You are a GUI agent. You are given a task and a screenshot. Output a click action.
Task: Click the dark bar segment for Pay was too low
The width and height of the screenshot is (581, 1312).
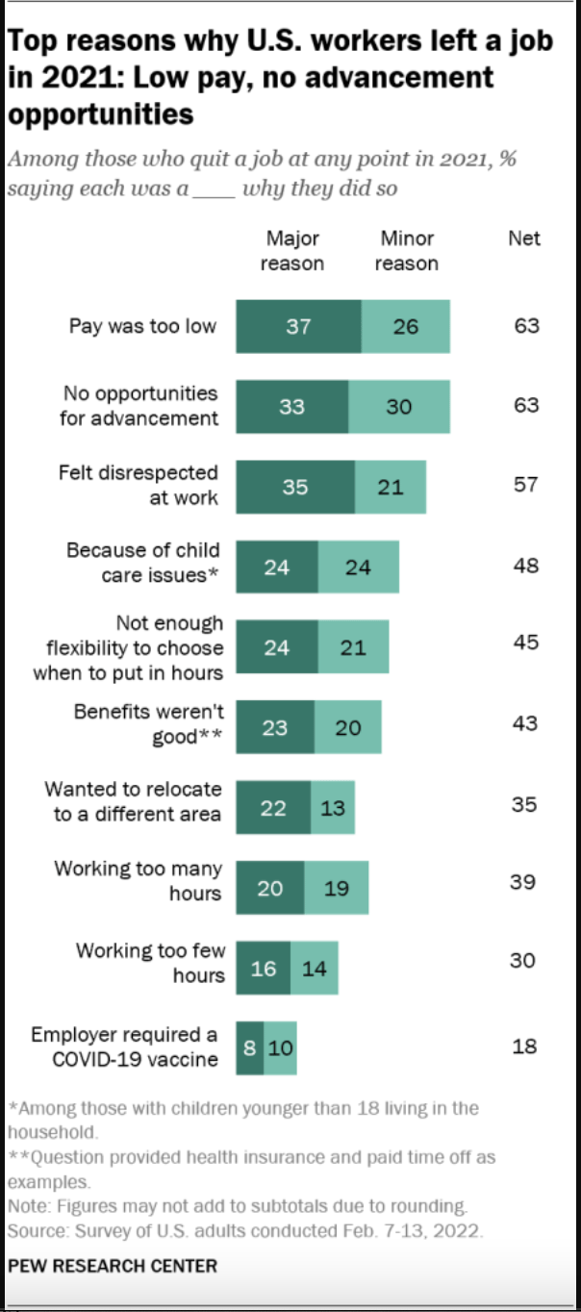point(298,326)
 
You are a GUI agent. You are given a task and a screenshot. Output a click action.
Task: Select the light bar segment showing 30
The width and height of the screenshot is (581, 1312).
point(398,406)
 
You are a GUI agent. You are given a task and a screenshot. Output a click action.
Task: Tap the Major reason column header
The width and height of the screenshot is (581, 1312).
point(292,250)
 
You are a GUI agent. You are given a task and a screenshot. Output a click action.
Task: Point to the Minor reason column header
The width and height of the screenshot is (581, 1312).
point(406,250)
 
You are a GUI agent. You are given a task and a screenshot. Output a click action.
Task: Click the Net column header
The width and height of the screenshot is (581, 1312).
point(524,238)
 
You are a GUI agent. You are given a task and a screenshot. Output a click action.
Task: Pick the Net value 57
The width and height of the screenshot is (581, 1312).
point(525,485)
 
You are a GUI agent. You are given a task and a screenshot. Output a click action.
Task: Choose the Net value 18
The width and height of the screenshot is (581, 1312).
point(524,1046)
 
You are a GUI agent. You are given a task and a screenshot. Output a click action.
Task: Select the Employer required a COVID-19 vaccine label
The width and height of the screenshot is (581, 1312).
point(124,1047)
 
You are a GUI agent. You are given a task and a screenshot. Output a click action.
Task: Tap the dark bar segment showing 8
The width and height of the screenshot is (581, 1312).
point(249,1047)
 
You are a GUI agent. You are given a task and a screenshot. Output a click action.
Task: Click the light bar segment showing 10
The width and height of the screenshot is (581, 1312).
point(280,1047)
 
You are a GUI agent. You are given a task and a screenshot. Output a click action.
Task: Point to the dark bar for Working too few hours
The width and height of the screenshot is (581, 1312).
point(263,969)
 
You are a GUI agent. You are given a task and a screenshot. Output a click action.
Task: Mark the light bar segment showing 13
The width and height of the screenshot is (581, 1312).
point(333,808)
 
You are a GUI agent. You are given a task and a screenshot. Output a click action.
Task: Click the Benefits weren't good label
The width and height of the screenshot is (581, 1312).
point(148,725)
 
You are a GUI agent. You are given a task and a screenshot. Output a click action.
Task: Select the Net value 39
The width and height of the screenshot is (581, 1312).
point(523,882)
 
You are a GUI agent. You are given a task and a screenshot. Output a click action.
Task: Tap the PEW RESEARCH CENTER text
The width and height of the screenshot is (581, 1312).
point(113,1265)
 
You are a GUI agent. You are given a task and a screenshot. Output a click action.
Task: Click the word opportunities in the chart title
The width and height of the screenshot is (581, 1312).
point(101,114)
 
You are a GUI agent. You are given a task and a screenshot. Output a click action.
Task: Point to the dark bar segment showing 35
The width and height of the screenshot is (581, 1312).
point(295,487)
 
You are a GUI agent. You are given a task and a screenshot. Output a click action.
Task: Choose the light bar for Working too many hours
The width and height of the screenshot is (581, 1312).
point(336,888)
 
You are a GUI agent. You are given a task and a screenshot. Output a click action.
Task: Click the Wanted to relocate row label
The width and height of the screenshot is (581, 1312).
point(134,801)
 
